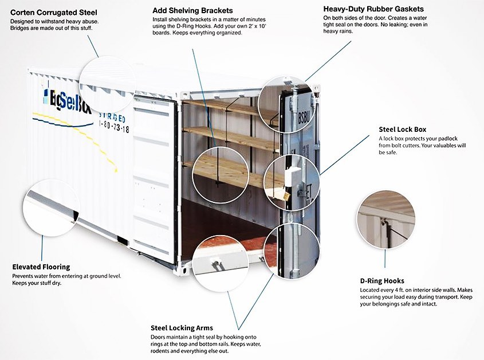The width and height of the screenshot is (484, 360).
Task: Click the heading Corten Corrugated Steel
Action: pyautogui.click(x=54, y=12)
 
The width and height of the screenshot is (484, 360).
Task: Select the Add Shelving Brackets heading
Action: pyautogui.click(x=192, y=10)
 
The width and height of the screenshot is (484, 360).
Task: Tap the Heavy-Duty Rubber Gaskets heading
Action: pyautogui.click(x=373, y=9)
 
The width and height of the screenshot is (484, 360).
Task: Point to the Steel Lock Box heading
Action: pyautogui.click(x=402, y=130)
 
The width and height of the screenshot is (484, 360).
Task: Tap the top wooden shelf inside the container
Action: pyautogui.click(x=223, y=107)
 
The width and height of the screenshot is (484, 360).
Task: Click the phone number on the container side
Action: pyautogui.click(x=115, y=130)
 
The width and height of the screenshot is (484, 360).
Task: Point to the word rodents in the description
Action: pyautogui.click(x=163, y=351)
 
